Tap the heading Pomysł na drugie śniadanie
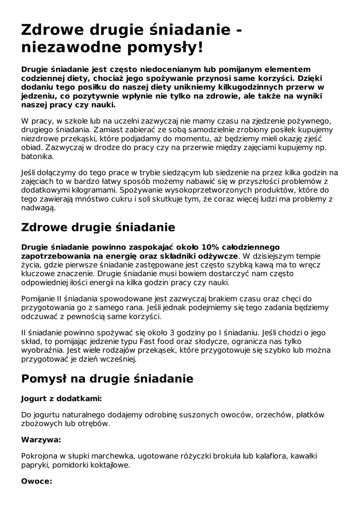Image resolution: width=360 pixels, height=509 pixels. point(107,378)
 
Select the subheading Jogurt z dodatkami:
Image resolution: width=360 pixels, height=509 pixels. point(62,399)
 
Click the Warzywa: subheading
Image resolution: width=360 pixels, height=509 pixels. point(41,440)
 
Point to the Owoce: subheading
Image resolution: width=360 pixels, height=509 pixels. point(36,481)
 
